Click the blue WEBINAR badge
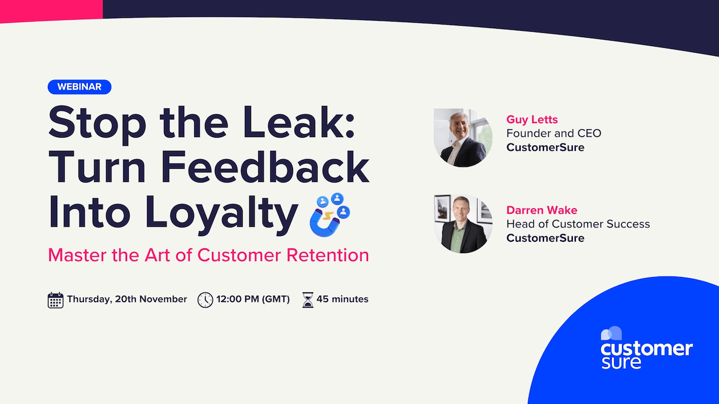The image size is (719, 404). (x=80, y=87)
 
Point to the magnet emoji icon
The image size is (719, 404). (x=330, y=214)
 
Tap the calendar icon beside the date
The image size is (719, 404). (x=55, y=300)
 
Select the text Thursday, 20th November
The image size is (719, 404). (x=127, y=299)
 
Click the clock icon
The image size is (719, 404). (x=205, y=300)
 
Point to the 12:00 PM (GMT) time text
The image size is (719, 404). (x=253, y=299)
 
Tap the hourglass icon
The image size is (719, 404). (x=308, y=300)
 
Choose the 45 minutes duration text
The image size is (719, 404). (x=342, y=299)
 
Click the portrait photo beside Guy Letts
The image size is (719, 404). (x=463, y=137)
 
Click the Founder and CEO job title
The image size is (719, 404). (x=554, y=133)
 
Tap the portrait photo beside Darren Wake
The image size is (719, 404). (x=463, y=223)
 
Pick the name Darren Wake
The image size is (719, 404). (x=542, y=210)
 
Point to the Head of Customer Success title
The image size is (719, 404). (x=578, y=224)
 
